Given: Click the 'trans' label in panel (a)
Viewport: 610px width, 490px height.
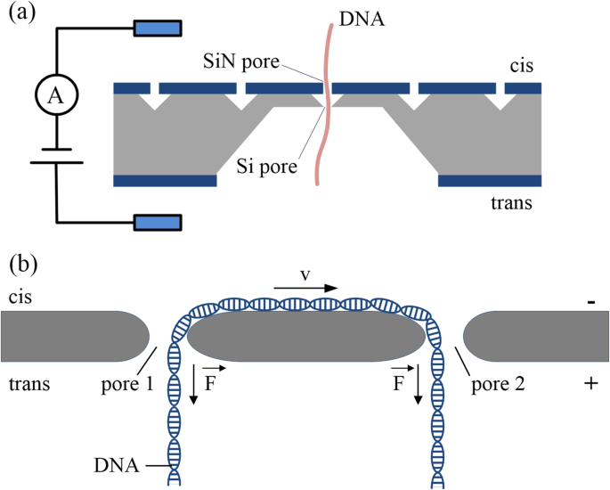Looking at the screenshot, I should [513, 203].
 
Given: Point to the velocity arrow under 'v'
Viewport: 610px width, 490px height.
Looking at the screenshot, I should [305, 289].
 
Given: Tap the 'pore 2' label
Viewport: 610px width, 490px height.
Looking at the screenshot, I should [495, 385].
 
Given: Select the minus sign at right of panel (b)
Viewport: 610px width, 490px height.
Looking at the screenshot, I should [590, 302].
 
